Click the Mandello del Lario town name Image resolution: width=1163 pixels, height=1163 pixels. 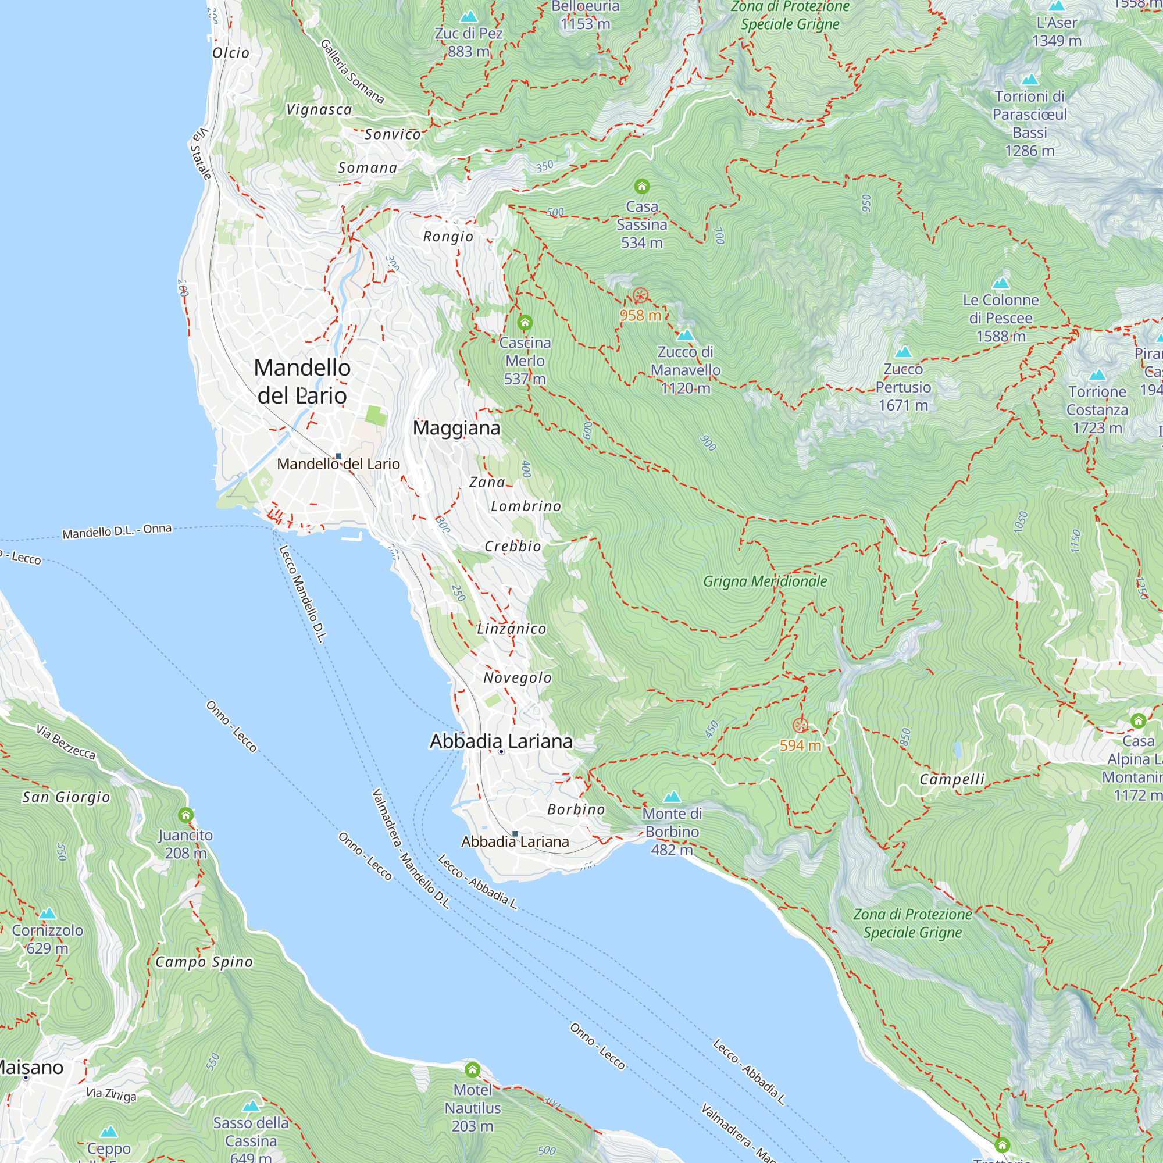302,381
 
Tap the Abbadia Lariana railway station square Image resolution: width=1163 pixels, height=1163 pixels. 515,834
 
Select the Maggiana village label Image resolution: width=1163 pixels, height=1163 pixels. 456,428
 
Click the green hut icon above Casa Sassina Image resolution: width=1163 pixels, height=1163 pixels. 642,187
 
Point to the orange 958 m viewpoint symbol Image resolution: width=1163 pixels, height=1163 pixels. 640,295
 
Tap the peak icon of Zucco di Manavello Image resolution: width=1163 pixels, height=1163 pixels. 685,336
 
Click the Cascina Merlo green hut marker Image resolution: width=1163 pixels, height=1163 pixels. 525,323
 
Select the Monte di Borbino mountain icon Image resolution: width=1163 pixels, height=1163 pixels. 672,797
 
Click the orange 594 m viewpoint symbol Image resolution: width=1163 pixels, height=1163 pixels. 800,725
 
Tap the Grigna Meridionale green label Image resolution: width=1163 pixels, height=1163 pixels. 765,581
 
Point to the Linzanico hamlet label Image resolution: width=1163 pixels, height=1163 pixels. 511,629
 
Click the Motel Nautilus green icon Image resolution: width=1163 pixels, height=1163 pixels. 473,1070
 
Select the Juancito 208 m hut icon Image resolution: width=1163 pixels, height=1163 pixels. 185,815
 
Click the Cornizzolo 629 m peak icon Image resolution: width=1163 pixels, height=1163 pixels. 48,914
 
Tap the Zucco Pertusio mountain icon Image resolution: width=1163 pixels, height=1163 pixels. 902,352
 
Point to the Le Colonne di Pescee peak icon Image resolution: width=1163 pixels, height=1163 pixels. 1000,283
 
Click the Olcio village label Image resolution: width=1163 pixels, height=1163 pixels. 230,53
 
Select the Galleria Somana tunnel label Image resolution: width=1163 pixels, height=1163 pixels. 352,72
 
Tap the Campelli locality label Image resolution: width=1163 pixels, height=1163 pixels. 952,780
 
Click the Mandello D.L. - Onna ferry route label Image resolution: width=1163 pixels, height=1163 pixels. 117,531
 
